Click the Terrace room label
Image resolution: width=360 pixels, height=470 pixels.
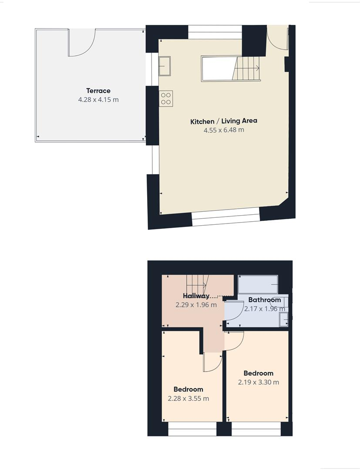(98, 91)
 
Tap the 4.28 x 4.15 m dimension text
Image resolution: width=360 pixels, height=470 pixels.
(98, 100)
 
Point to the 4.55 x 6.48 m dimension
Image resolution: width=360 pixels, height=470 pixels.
(223, 130)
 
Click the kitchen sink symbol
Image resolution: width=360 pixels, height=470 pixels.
(165, 66)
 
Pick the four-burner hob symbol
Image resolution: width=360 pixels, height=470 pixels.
(166, 98)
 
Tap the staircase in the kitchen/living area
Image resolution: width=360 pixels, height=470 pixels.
(246, 68)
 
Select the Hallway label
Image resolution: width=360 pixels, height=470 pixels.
(196, 296)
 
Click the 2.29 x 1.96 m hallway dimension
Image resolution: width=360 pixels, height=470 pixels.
(196, 305)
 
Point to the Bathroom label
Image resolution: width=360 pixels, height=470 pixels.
(264, 300)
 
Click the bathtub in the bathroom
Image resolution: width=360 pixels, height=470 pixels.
(258, 284)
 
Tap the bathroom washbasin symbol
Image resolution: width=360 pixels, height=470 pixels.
(284, 319)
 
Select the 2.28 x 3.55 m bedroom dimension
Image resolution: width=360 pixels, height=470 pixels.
(188, 398)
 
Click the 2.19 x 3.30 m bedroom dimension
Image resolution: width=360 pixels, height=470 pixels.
(258, 382)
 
